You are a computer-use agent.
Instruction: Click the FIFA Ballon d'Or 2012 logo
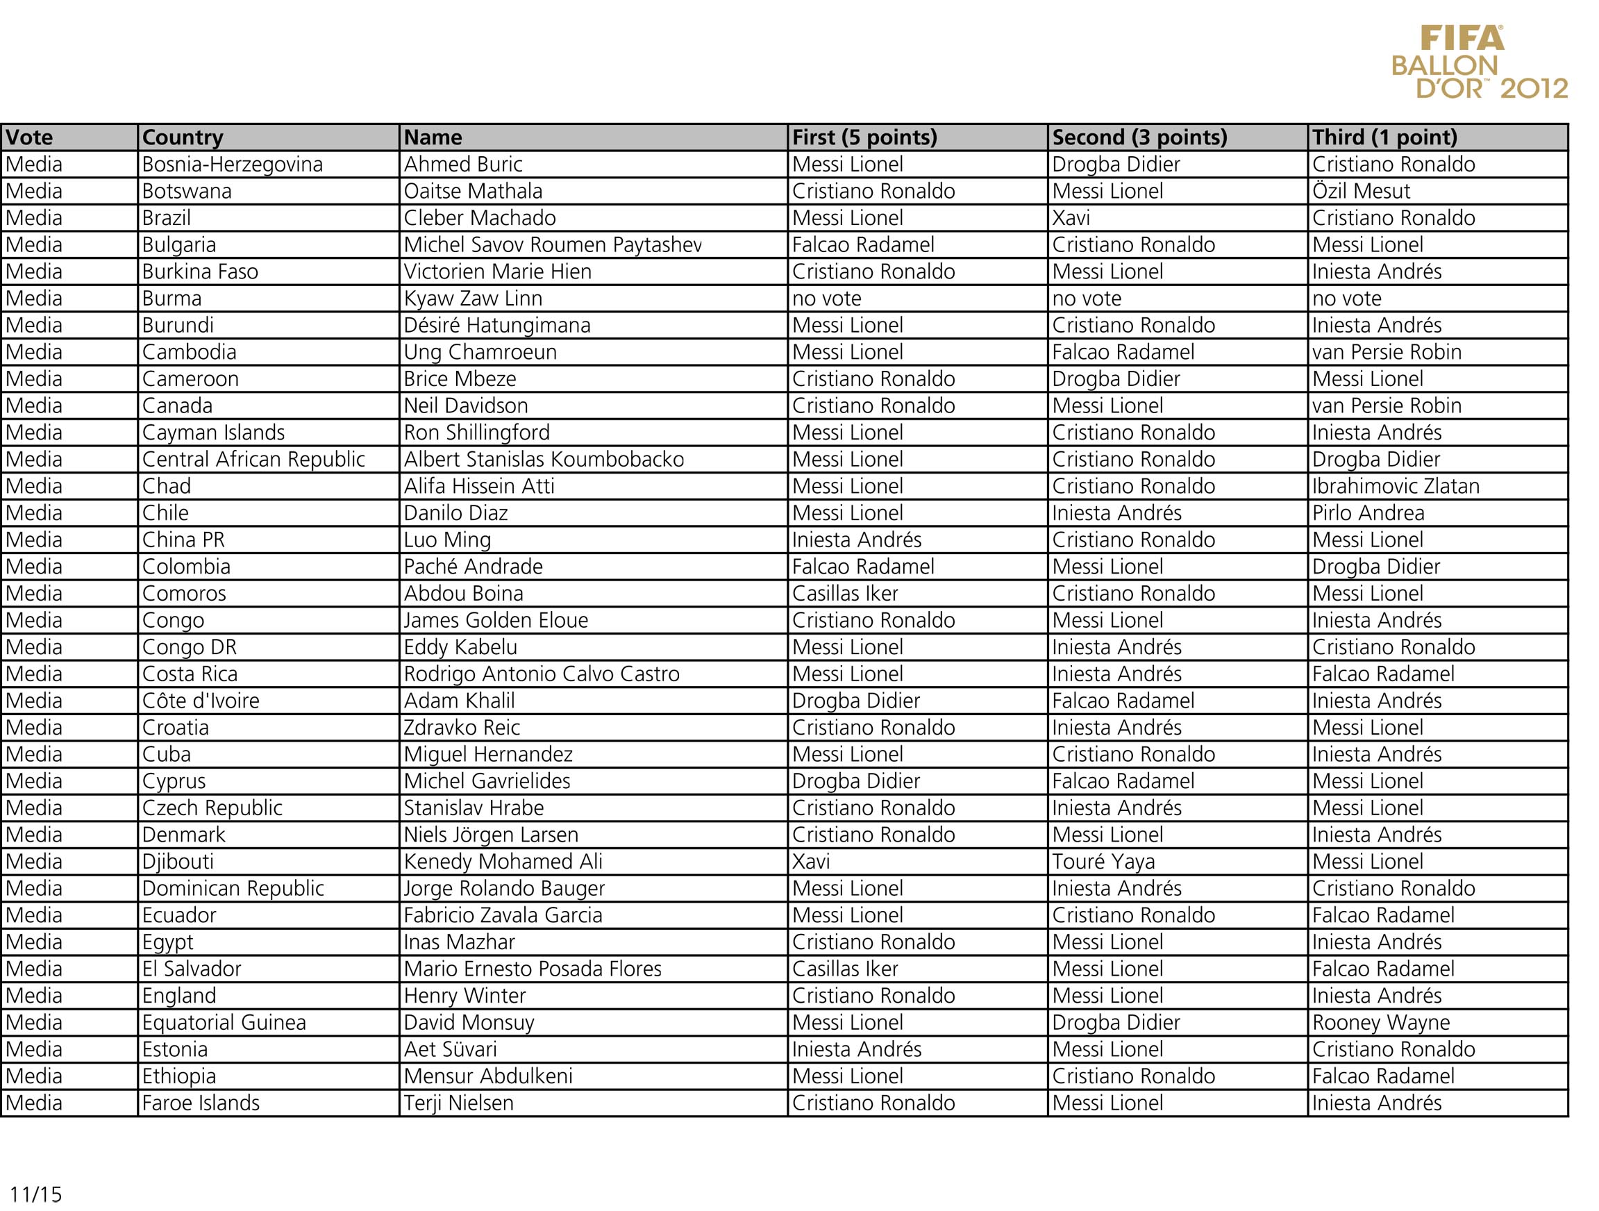pos(1479,62)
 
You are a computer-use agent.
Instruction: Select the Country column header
pos(183,137)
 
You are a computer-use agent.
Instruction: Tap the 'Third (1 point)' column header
pos(1384,137)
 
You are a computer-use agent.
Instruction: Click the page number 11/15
pos(36,1194)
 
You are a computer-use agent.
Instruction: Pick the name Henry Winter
pos(464,996)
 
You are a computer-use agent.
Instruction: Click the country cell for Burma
pos(172,299)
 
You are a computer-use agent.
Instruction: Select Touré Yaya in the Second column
pos(1103,862)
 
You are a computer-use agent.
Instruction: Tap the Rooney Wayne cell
pos(1381,1022)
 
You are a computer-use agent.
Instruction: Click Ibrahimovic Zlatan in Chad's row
pos(1396,486)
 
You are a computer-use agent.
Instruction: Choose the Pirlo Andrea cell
pos(1368,512)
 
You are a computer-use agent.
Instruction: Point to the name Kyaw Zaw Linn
pos(473,299)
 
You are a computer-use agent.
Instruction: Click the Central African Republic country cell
pos(253,459)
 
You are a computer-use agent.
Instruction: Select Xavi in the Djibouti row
pos(811,862)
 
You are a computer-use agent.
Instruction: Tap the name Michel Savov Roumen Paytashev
pos(552,244)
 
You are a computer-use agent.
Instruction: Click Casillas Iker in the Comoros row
pos(845,594)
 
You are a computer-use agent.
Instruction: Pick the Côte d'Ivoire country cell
pos(201,701)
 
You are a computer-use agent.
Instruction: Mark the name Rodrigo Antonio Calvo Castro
pos(542,674)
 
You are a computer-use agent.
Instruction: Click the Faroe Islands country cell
pos(201,1103)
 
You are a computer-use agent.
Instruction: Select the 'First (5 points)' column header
pos(864,137)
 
